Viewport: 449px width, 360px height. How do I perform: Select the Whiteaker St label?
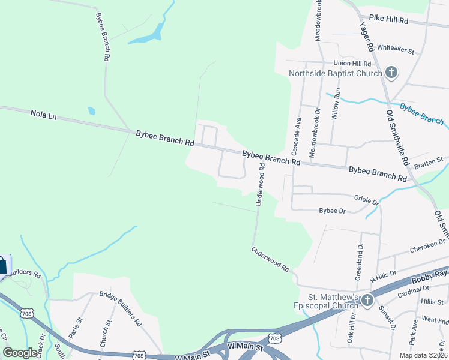click(x=396, y=51)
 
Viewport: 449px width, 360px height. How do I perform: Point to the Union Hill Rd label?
click(x=353, y=63)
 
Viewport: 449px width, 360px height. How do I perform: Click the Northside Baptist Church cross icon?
click(x=391, y=73)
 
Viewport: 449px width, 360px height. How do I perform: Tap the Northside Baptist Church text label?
click(x=335, y=74)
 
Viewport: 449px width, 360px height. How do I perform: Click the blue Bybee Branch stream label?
click(x=421, y=113)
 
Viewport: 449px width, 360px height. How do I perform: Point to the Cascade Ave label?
click(x=297, y=133)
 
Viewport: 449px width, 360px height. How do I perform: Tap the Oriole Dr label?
click(x=366, y=200)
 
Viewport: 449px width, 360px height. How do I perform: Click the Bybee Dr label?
click(x=333, y=211)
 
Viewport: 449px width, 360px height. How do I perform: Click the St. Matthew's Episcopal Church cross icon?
click(x=367, y=299)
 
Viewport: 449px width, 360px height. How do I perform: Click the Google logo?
click(x=20, y=353)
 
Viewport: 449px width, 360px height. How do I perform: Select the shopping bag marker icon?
click(x=2, y=265)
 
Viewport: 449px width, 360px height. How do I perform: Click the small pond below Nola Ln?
click(x=91, y=111)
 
